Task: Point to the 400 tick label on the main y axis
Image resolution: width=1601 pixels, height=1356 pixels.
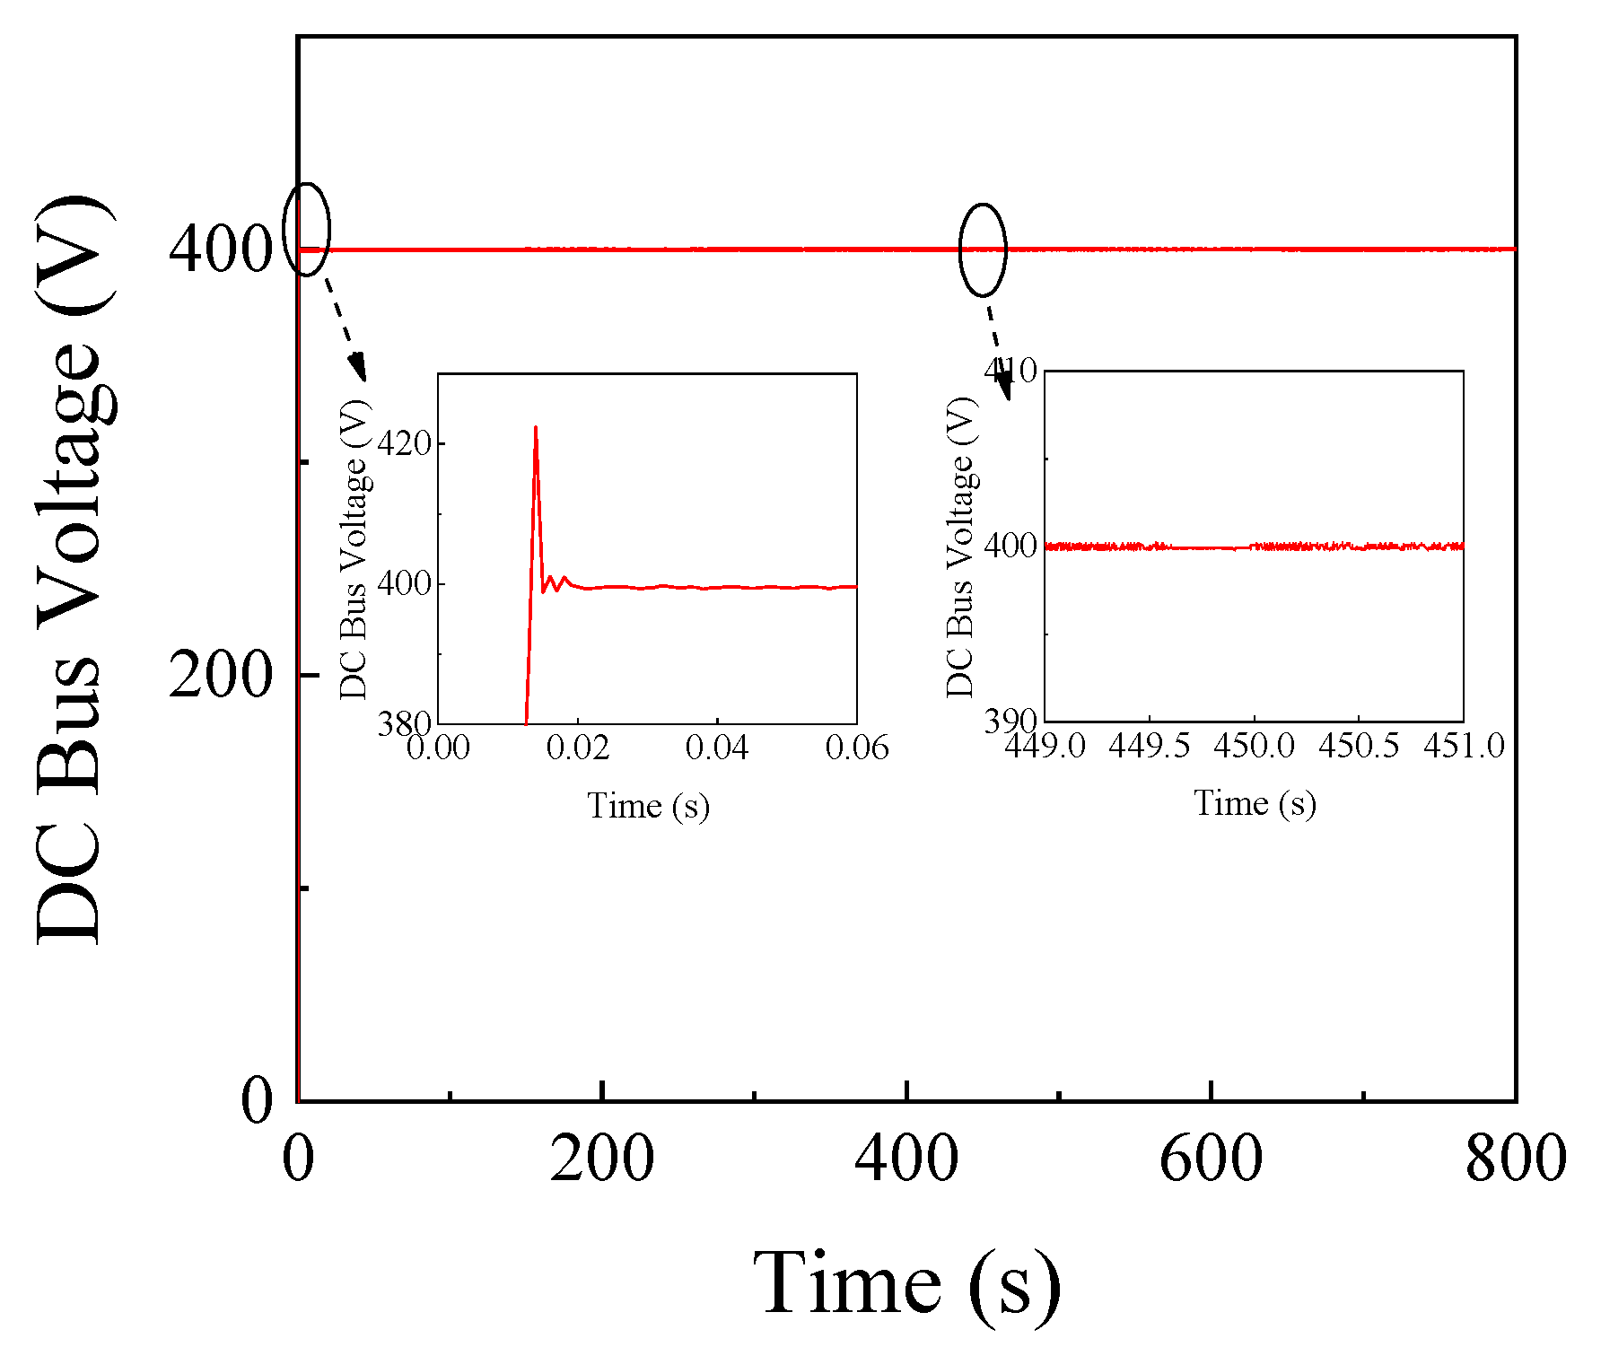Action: [220, 249]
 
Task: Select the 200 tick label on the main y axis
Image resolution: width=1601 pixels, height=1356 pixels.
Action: [220, 675]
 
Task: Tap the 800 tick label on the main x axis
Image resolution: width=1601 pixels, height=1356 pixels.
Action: [1516, 1159]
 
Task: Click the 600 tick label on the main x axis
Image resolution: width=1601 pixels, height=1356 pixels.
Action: [1211, 1159]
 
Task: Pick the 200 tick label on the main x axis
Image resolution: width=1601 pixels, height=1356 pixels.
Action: [601, 1159]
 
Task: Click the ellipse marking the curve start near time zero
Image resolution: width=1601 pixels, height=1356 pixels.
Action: [307, 229]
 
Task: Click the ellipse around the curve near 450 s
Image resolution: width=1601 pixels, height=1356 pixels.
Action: [984, 249]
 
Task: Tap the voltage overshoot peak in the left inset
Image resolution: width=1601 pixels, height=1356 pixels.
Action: [536, 428]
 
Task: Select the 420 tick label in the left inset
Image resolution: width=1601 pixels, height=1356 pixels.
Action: [404, 443]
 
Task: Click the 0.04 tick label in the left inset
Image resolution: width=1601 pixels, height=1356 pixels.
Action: [717, 748]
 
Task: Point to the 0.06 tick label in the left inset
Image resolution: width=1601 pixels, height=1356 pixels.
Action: [856, 748]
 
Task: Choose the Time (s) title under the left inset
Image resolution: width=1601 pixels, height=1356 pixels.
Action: [648, 805]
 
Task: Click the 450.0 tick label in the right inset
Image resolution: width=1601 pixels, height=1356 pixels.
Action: [1254, 746]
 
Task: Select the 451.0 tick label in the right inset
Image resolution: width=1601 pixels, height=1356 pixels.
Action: [1464, 746]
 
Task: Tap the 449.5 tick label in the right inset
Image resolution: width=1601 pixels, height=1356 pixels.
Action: [1150, 746]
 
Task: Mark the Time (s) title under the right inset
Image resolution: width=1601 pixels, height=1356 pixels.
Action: [1255, 802]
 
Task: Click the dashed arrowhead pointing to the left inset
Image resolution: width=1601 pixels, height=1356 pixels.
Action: [358, 368]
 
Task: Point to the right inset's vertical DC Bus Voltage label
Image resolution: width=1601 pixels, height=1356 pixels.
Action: [960, 547]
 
